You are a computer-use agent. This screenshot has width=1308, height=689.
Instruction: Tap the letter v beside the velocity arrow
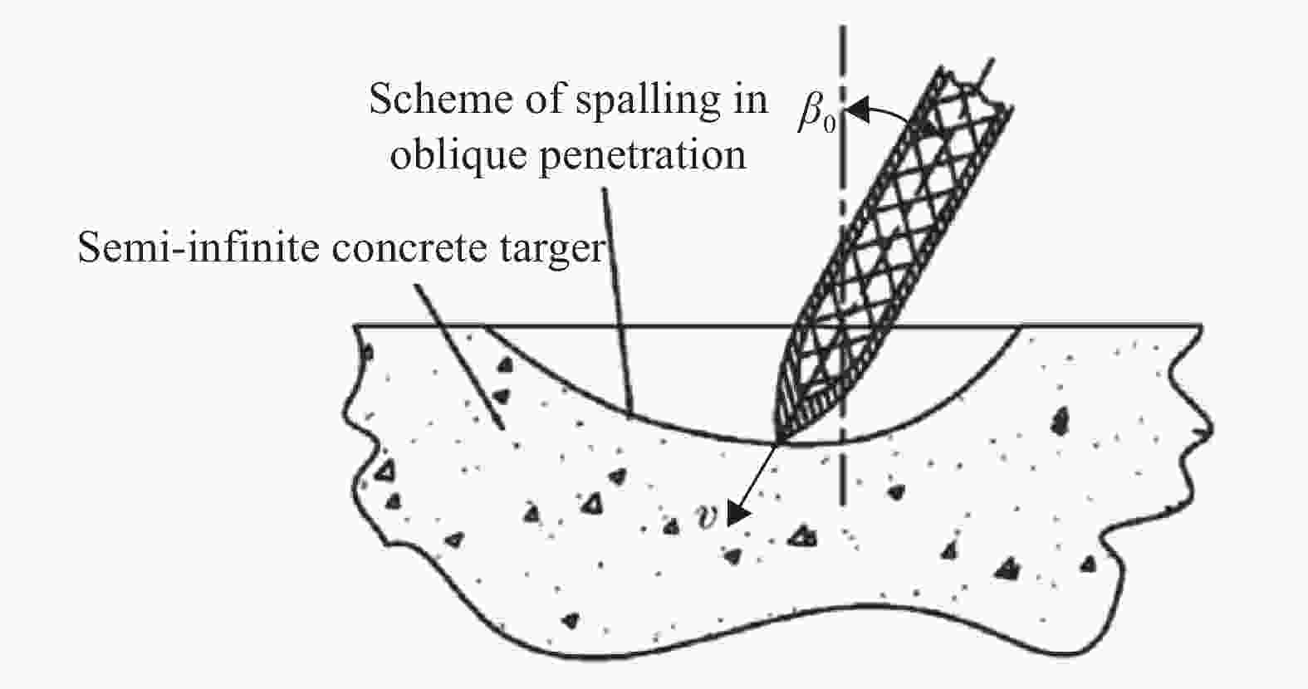click(x=706, y=516)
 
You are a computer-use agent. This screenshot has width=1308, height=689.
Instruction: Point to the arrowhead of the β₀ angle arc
click(x=857, y=110)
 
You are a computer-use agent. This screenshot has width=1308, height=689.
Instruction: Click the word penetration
click(x=642, y=157)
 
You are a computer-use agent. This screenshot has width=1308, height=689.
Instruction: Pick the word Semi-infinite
click(x=198, y=247)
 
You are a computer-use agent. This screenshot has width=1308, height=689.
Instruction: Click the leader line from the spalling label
click(x=617, y=302)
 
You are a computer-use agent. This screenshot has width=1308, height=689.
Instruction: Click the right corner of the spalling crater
click(x=1021, y=327)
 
